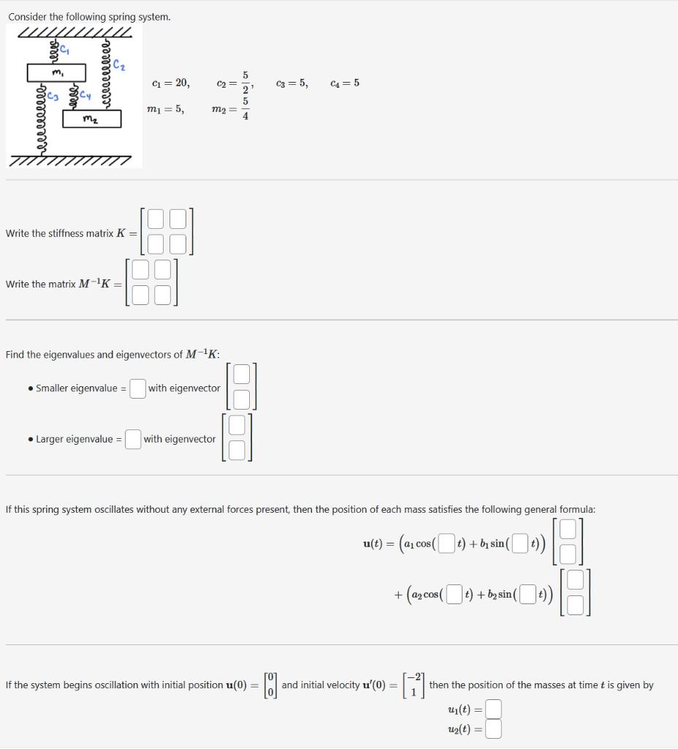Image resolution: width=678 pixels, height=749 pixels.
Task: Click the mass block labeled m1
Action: coord(56,72)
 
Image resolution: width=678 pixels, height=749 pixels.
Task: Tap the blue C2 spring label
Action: coord(120,67)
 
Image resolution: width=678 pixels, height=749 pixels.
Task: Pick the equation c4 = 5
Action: coord(345,83)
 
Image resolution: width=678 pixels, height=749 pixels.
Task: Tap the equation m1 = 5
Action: coord(165,109)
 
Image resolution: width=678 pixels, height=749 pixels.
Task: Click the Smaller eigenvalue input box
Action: coord(137,388)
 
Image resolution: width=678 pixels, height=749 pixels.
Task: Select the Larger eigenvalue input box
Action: coord(133,439)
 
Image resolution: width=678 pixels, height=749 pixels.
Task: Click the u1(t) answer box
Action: coord(494,709)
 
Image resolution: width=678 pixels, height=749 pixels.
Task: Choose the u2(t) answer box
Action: coord(494,729)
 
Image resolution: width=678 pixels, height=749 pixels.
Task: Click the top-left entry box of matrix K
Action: coord(156,219)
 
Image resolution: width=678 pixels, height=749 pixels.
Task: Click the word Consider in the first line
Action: coord(28,16)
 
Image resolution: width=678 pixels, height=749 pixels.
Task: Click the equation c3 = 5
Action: coord(292,83)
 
